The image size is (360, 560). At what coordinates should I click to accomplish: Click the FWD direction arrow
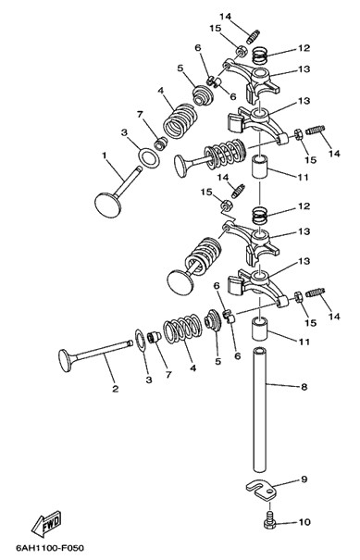tap(46, 524)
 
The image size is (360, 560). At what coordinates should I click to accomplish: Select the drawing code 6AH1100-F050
tap(50, 547)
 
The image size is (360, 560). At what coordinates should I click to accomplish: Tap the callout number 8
tap(304, 387)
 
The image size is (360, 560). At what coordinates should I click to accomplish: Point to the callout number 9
tap(304, 479)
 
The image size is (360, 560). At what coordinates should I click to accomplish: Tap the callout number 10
tap(304, 522)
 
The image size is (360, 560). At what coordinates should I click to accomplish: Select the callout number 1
tap(105, 156)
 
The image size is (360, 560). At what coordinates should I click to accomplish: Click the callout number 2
tap(115, 389)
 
